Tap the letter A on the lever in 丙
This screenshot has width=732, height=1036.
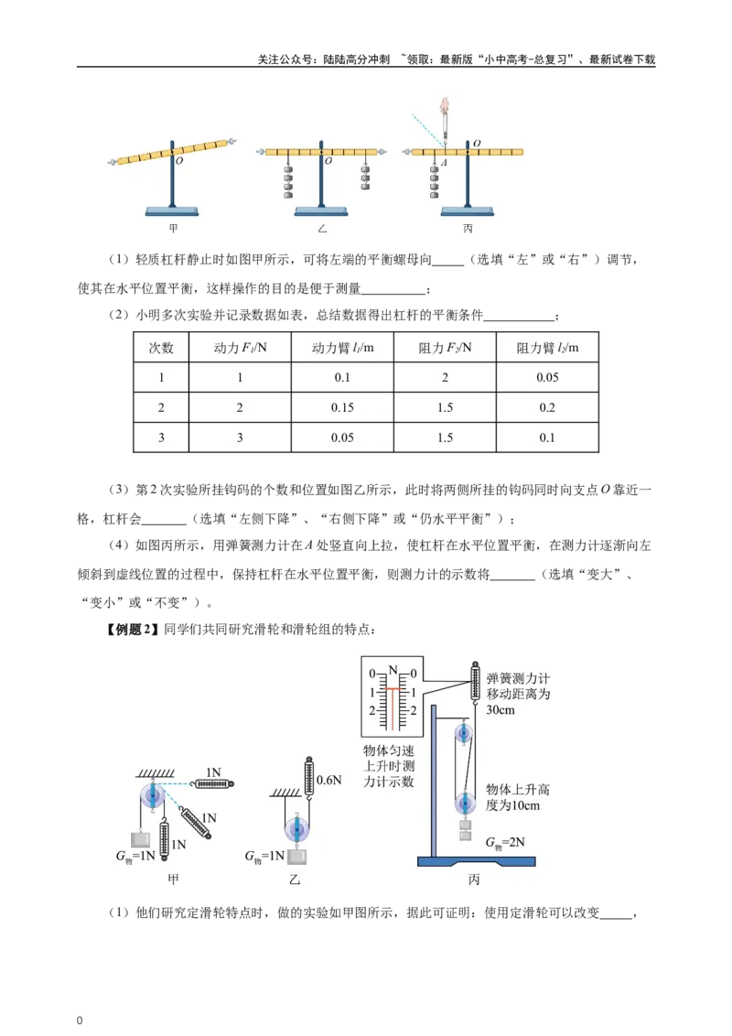tap(444, 162)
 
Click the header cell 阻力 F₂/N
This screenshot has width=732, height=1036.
tap(446, 348)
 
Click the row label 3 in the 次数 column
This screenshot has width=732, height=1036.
tap(161, 437)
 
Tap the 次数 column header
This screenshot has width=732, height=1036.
tap(161, 348)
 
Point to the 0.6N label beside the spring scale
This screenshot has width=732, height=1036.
tap(328, 781)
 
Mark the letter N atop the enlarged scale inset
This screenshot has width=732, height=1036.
tap(393, 668)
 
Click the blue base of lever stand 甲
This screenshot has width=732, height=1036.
tap(173, 211)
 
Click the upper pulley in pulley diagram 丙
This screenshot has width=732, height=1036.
tap(463, 733)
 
